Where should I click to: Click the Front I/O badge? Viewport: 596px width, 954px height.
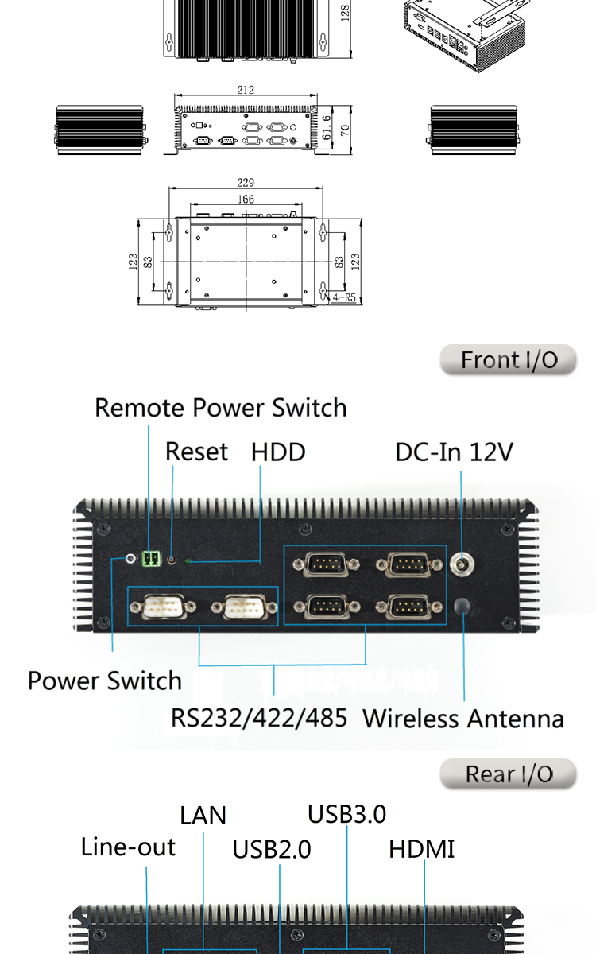(509, 360)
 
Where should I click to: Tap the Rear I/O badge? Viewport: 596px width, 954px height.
(509, 774)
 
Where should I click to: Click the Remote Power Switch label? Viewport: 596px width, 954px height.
(221, 408)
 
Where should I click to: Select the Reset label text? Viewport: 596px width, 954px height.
(196, 452)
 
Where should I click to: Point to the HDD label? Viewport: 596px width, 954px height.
(278, 452)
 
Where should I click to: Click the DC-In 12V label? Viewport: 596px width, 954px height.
(455, 452)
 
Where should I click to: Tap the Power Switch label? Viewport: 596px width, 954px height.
(105, 681)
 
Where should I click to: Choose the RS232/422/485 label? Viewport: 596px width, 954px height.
(259, 718)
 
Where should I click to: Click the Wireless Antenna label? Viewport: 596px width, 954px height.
(463, 719)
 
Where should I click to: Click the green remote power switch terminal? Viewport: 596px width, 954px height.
(149, 558)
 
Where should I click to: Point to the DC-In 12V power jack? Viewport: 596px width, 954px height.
(462, 565)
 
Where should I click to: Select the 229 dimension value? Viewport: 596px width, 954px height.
(246, 183)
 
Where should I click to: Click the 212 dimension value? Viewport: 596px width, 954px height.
(246, 90)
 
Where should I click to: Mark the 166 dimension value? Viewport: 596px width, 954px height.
(246, 199)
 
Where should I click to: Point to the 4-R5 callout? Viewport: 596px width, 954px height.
(345, 297)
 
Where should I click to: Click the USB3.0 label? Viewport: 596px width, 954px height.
(346, 814)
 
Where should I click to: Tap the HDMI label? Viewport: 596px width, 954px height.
(422, 849)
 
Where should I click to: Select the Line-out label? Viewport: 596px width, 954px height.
(128, 847)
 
